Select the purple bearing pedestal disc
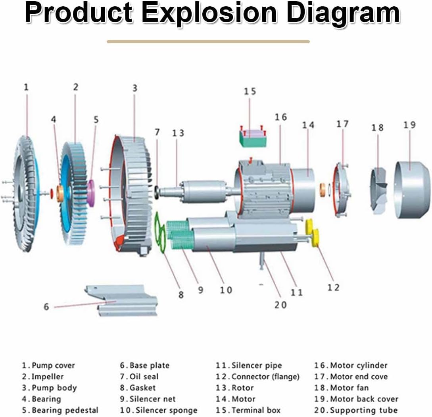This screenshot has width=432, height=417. [91, 193]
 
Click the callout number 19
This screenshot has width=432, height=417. [409, 125]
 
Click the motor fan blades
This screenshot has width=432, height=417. [379, 190]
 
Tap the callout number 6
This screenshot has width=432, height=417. [46, 306]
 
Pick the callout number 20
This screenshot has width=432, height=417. [280, 305]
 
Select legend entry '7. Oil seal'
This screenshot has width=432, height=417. [139, 377]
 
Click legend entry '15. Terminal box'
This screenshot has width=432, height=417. [248, 410]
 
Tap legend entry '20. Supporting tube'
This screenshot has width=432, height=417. [356, 410]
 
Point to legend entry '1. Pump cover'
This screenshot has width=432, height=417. [48, 365]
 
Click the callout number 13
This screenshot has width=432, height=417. [179, 133]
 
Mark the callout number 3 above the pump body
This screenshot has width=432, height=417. [135, 88]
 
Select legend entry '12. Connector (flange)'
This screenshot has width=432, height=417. [257, 377]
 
